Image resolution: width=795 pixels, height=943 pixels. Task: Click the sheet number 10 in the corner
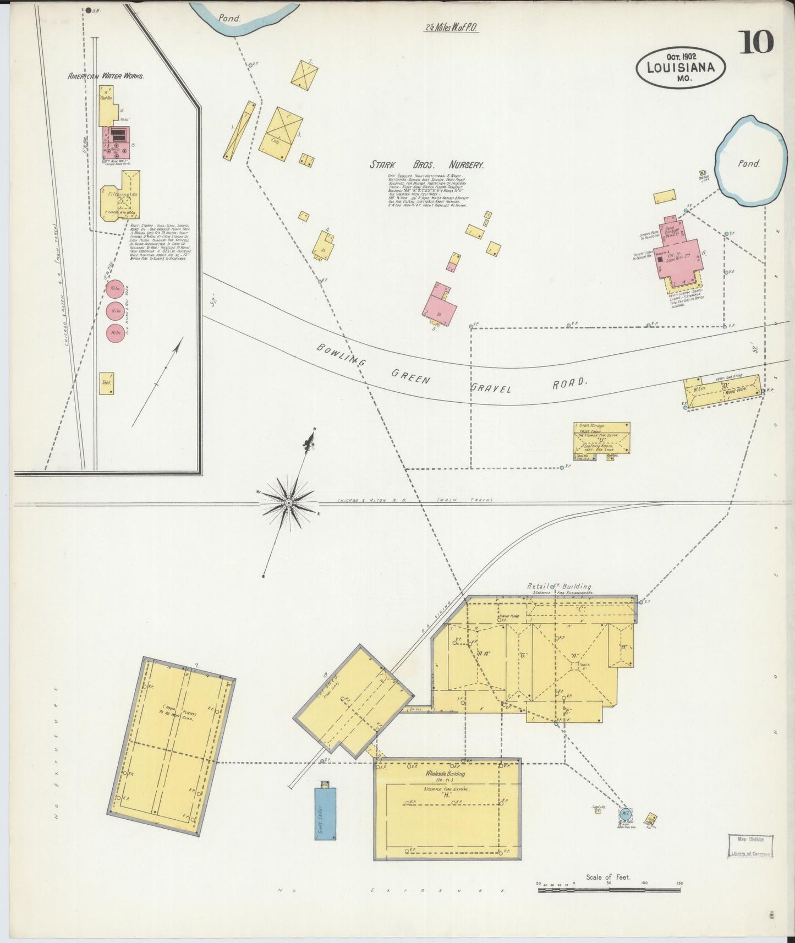click(756, 42)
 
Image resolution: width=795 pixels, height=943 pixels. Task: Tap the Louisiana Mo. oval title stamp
click(681, 68)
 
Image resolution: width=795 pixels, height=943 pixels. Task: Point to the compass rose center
click(288, 502)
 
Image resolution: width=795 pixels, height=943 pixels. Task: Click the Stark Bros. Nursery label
click(426, 165)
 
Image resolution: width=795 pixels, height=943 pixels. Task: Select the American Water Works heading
click(106, 76)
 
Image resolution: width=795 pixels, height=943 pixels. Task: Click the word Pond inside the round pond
click(749, 163)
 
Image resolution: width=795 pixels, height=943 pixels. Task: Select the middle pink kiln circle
click(116, 311)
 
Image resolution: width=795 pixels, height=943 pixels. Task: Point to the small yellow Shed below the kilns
click(106, 383)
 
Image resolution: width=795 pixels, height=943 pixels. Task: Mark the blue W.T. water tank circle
click(625, 814)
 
